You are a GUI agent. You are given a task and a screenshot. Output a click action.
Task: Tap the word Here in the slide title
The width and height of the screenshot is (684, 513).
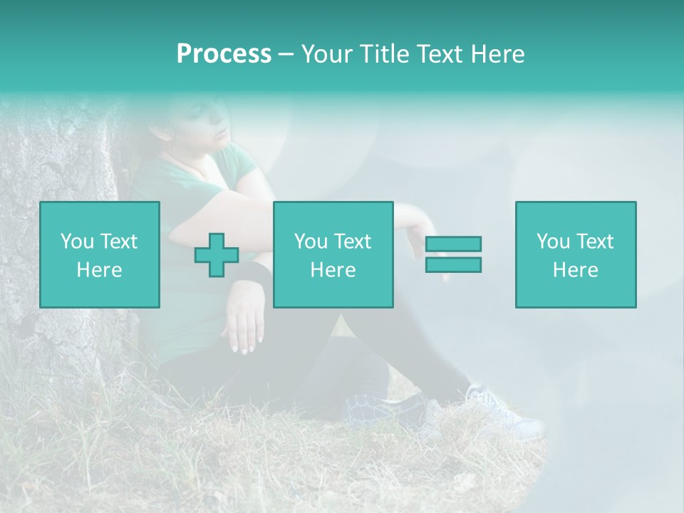click(x=498, y=54)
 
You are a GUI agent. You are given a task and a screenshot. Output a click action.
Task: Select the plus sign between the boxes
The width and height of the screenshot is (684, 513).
click(x=217, y=255)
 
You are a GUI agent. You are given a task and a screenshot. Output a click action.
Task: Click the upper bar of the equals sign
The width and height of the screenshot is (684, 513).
click(x=453, y=244)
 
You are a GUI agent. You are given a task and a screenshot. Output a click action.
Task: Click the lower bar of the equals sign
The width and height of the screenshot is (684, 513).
click(x=453, y=264)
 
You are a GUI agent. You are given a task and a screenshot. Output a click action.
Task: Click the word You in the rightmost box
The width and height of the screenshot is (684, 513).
click(x=552, y=242)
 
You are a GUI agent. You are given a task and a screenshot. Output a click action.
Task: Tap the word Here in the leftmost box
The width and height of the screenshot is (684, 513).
click(x=99, y=270)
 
